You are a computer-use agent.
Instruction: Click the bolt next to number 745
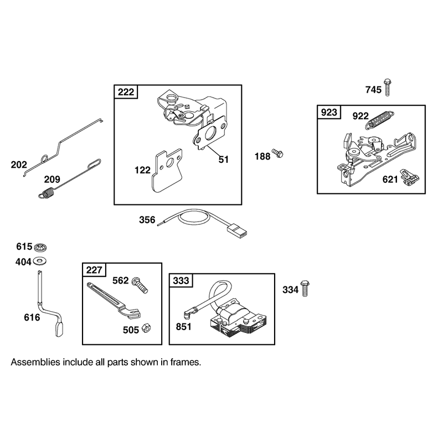(x=388, y=87)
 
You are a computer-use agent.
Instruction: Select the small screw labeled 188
(x=277, y=153)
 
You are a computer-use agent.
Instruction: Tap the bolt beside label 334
(x=305, y=288)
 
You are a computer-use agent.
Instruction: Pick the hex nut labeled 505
(x=146, y=328)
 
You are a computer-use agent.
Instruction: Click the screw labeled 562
(x=140, y=285)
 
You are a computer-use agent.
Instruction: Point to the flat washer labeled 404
(x=40, y=261)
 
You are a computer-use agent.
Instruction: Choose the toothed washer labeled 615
(x=40, y=247)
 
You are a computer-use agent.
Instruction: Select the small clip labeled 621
(x=409, y=177)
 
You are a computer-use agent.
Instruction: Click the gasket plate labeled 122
(x=167, y=171)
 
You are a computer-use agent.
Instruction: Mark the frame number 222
(x=126, y=92)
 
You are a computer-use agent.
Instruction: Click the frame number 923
(x=329, y=112)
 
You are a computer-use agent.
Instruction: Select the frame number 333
(x=181, y=281)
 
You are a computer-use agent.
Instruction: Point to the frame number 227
(x=94, y=270)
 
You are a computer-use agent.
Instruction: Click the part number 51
(x=223, y=159)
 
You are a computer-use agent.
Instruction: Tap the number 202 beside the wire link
(x=19, y=164)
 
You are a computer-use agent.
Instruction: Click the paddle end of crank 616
(x=59, y=329)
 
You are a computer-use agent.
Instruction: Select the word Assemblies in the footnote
(x=35, y=362)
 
